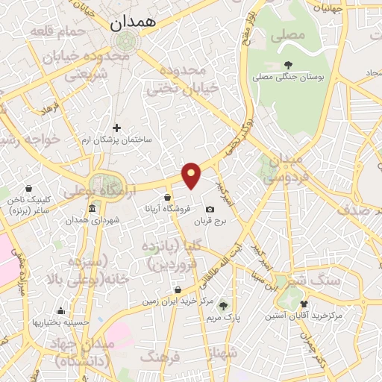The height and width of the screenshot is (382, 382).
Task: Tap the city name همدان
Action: click(134, 23)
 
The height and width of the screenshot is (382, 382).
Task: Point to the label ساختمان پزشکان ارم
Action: click(117, 140)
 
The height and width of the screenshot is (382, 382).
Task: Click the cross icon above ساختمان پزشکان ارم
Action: click(116, 128)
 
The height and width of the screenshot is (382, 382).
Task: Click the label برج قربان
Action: click(210, 222)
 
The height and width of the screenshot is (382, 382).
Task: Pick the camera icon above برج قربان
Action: click(210, 210)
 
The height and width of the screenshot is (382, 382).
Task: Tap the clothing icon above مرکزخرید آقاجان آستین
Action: click(304, 304)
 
